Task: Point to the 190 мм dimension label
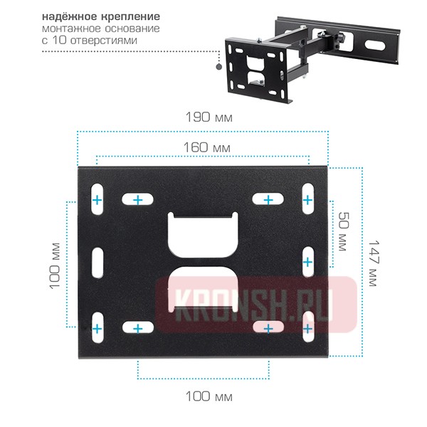[207, 117]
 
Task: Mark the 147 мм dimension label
[371, 261]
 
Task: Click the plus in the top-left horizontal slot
[139, 200]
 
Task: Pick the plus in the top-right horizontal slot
[268, 200]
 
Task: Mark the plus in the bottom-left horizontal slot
[139, 328]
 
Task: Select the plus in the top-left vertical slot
[97, 200]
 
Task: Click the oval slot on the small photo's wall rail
[374, 44]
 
